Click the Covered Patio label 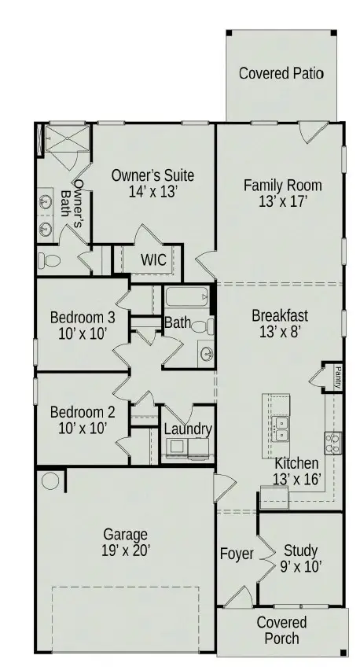pyautogui.click(x=281, y=73)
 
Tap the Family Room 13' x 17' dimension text pyautogui.click(x=283, y=201)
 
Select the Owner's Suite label pyautogui.click(x=152, y=175)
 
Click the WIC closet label pyautogui.click(x=153, y=260)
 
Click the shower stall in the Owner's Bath pyautogui.click(x=68, y=138)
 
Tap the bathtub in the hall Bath pyautogui.click(x=187, y=296)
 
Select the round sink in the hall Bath pyautogui.click(x=207, y=353)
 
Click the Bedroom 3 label pyautogui.click(x=83, y=318)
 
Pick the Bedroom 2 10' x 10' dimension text pyautogui.click(x=83, y=428)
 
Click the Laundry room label pyautogui.click(x=188, y=429)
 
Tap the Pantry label pyautogui.click(x=338, y=377)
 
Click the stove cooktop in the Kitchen pyautogui.click(x=332, y=443)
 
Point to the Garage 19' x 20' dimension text pyautogui.click(x=126, y=550)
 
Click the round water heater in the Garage pyautogui.click(x=50, y=481)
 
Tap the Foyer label pyautogui.click(x=237, y=554)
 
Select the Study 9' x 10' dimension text pyautogui.click(x=301, y=567)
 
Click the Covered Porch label pyautogui.click(x=281, y=630)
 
